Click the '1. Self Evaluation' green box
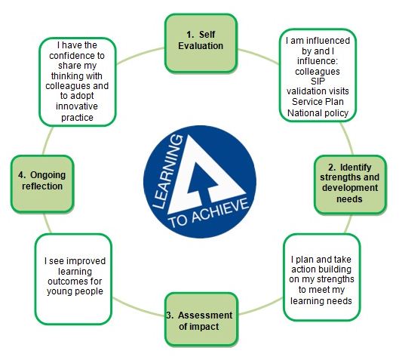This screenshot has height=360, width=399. [x=201, y=43]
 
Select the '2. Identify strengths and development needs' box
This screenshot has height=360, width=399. [x=350, y=185]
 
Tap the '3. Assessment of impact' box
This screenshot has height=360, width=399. [x=201, y=319]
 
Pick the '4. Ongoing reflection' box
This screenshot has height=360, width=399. [x=42, y=184]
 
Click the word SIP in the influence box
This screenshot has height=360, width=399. [x=318, y=82]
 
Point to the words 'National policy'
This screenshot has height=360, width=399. [x=318, y=112]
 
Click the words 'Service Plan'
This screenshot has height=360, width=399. [x=318, y=102]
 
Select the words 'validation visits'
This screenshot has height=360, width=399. [x=318, y=91]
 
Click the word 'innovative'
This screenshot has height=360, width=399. [x=77, y=106]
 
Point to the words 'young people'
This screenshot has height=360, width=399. [x=75, y=291]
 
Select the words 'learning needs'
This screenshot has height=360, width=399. [x=321, y=301]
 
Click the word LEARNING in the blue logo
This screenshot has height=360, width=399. [x=167, y=171]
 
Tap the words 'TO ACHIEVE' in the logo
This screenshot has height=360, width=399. [x=209, y=213]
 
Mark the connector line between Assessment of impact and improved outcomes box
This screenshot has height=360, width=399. [x=138, y=308]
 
